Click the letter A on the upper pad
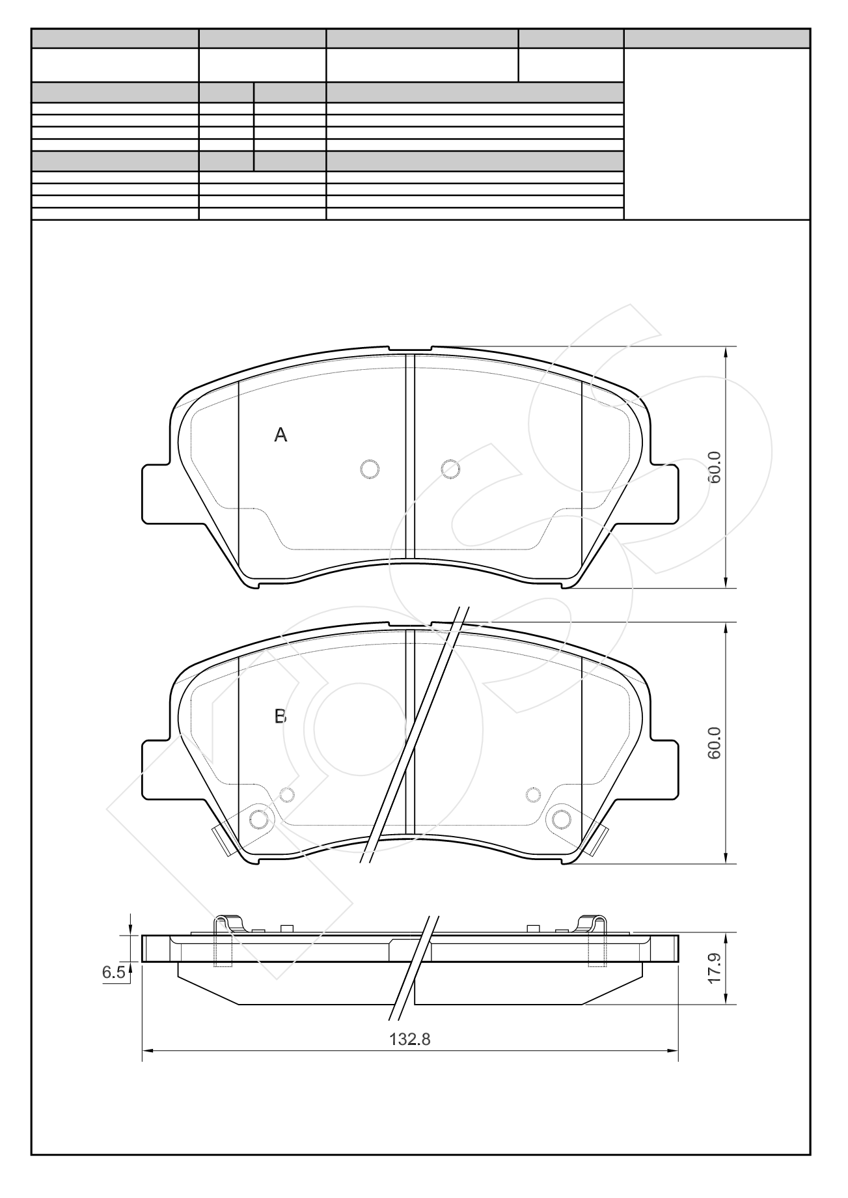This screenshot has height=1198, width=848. pyautogui.click(x=280, y=435)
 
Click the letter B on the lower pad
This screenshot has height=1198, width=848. pyautogui.click(x=280, y=717)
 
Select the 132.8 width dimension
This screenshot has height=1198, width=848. pyautogui.click(x=410, y=1040)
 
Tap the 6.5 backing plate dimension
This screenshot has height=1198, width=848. pyautogui.click(x=113, y=973)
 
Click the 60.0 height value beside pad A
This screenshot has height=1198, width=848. pyautogui.click(x=715, y=467)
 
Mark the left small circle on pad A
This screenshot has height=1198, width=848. pyautogui.click(x=370, y=469)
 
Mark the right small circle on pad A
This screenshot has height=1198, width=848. pyautogui.click(x=450, y=469)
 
